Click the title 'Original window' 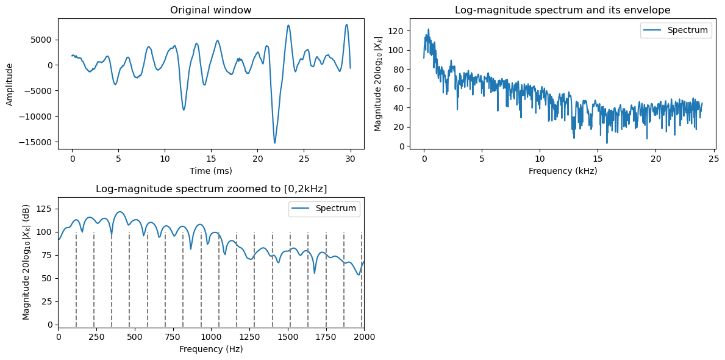tap(211, 10)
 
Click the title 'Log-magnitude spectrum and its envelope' tap(562, 10)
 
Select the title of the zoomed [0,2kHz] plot tap(211, 189)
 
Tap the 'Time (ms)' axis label tap(211, 171)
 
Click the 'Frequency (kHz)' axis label tap(562, 171)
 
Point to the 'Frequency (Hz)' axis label tap(211, 350)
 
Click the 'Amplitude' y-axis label tap(10, 83)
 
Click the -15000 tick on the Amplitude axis tap(38, 142)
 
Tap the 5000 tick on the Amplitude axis tap(43, 40)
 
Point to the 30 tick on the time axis tap(350, 159)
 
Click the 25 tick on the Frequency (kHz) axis tap(713, 159)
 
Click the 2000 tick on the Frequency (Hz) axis tap(364, 337)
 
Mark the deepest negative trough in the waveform tap(275, 143)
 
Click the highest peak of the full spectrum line tap(428, 29)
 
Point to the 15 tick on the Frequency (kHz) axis tap(598, 159)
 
